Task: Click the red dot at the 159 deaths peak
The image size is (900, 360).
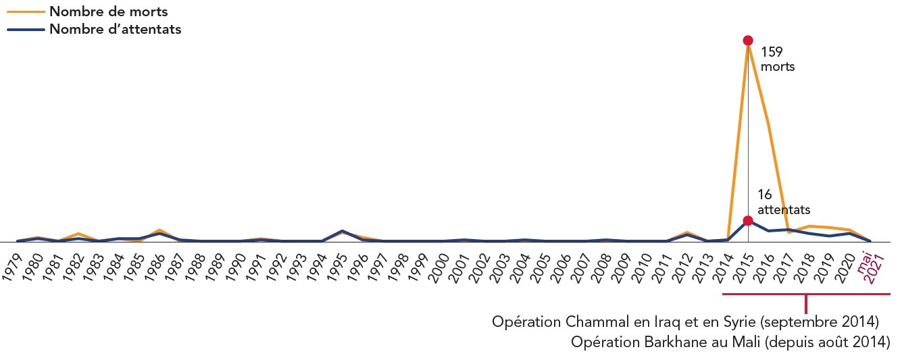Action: tap(747, 41)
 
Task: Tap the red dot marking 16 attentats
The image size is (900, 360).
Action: tap(747, 221)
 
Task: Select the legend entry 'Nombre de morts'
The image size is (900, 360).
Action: tap(108, 11)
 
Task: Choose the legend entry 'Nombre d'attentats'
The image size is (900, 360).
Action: tap(115, 29)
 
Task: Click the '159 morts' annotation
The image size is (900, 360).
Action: tap(777, 59)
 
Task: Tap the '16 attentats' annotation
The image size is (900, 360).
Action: tap(783, 202)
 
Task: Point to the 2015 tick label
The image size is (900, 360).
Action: tap(743, 265)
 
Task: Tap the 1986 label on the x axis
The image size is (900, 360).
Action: tap(155, 265)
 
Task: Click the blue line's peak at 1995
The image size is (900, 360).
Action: tap(342, 231)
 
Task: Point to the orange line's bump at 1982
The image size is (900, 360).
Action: tap(78, 233)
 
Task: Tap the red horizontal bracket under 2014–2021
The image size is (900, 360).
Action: tap(806, 294)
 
